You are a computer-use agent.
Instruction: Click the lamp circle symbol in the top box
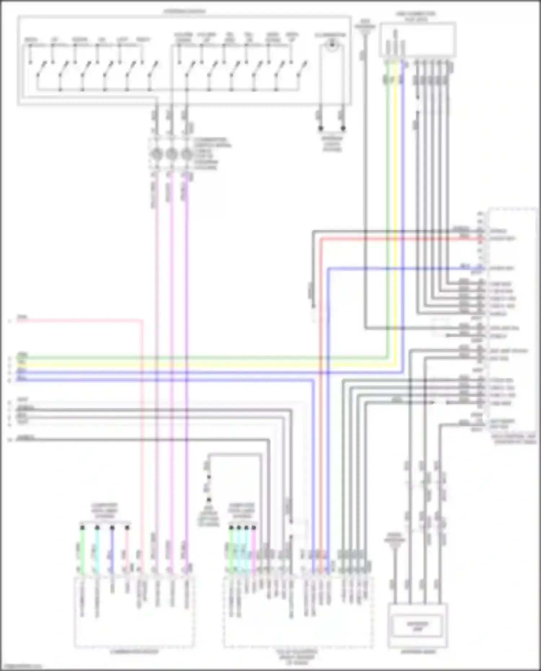pos(331,46)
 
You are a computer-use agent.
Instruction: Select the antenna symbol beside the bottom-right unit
pos(395,544)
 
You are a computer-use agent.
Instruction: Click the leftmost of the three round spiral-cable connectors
pos(157,154)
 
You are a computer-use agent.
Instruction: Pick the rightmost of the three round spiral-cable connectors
pos(186,154)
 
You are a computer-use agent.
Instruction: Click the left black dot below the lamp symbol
pos(320,128)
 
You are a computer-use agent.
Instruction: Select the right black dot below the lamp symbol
pos(343,128)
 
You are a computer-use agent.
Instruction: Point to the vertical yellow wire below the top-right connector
pos(395,216)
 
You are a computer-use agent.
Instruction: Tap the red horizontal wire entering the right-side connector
pos(397,239)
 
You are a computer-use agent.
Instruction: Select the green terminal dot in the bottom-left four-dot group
pos(82,527)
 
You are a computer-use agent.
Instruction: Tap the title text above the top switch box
pos(184,11)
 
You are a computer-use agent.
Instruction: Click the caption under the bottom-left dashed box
pos(134,652)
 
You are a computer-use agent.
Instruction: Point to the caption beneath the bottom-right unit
pos(417,652)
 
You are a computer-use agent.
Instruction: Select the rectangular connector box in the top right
pos(418,40)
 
